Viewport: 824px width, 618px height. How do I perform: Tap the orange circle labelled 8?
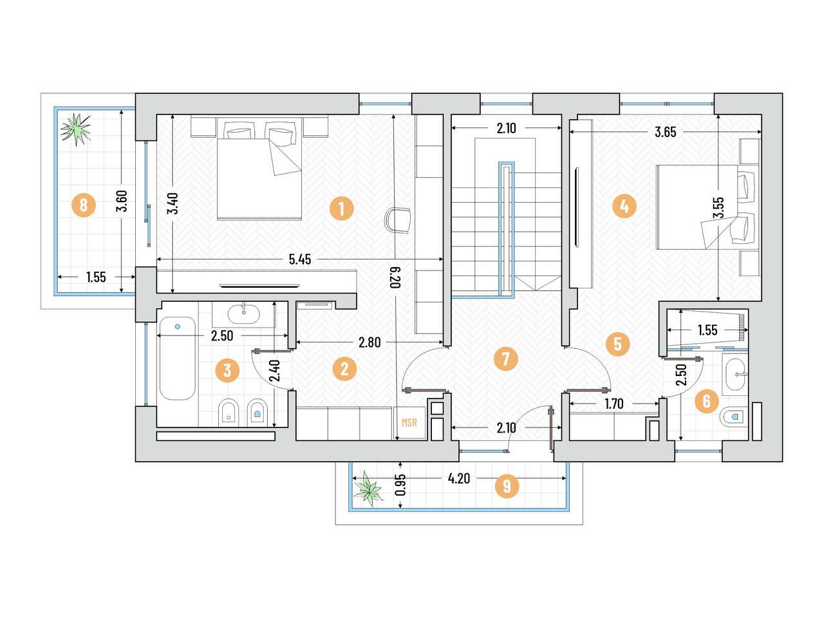pos(83,205)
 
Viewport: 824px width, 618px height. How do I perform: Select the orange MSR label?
pos(409,423)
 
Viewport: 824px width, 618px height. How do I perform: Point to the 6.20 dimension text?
pos(395,277)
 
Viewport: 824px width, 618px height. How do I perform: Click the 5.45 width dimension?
pos(300,259)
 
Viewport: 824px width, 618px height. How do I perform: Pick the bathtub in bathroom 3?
pos(177,359)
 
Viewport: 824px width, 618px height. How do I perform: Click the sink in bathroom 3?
pos(243,314)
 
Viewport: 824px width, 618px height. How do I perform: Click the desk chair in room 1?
pos(398,221)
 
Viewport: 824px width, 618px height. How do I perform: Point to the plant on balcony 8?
pos(76,129)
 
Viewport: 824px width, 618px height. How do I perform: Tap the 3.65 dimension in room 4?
pos(665,132)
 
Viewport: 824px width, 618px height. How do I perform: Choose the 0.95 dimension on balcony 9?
pos(401,485)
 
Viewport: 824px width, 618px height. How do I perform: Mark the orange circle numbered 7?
pos(505,359)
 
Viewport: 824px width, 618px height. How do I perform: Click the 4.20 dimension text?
pos(459,478)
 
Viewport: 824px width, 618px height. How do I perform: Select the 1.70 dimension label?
pos(614,404)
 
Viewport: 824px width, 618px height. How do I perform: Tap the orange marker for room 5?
pos(617,343)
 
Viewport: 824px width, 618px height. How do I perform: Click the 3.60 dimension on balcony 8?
pos(122,201)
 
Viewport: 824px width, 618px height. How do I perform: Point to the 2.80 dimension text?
pos(370,342)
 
